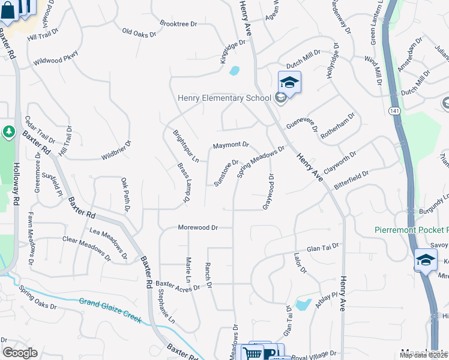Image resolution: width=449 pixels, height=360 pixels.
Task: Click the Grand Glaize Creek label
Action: [x=110, y=310]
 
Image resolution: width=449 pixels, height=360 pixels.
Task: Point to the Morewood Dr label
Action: [x=197, y=228]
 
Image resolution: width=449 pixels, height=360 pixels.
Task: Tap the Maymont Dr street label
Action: [x=231, y=145]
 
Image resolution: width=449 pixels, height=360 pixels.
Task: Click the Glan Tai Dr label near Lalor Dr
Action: [x=323, y=247]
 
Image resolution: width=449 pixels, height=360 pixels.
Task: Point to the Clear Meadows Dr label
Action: [x=87, y=247]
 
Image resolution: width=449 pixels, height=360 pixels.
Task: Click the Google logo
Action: [x=20, y=353]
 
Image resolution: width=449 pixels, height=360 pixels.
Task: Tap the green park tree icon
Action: [x=8, y=131]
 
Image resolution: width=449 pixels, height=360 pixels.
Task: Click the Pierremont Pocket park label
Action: [x=411, y=230]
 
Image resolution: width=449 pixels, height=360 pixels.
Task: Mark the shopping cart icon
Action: [x=253, y=353]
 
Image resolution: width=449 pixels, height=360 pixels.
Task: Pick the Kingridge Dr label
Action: [x=233, y=53]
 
